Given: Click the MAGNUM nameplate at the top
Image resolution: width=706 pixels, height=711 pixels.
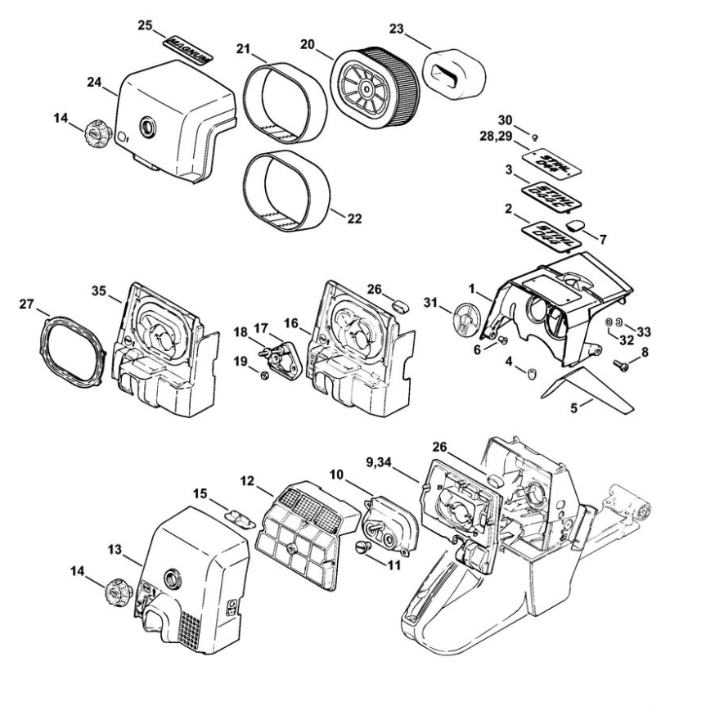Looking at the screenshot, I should [x=189, y=47].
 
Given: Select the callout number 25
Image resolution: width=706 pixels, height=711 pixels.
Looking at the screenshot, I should [x=145, y=26].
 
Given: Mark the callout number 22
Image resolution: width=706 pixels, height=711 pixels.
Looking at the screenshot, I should [x=354, y=219].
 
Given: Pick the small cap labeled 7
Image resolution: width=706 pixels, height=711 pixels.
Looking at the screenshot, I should [x=577, y=224].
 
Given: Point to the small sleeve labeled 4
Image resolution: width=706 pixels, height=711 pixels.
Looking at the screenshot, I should [x=530, y=373].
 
